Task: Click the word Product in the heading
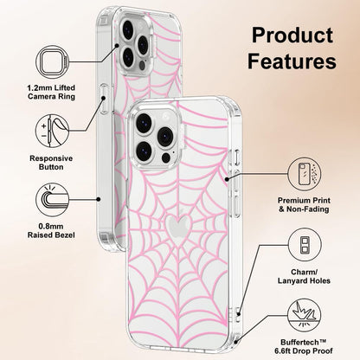[x=292, y=35]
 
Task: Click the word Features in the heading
[x=292, y=61]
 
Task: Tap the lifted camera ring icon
[x=53, y=61]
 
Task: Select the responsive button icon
[x=52, y=131]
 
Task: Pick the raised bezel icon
[x=52, y=200]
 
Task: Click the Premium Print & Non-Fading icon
[x=305, y=174]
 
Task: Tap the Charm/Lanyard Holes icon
[x=305, y=245]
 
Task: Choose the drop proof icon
[x=305, y=315]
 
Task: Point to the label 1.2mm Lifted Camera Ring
[x=51, y=92]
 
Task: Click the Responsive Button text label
[x=51, y=163]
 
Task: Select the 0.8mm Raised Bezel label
[x=51, y=230]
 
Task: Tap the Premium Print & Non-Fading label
[x=304, y=204]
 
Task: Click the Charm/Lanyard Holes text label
[x=304, y=276]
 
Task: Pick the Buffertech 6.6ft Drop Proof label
[x=304, y=346]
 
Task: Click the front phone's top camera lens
[x=144, y=122]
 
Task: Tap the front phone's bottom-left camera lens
[x=144, y=151]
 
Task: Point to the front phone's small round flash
[x=166, y=157]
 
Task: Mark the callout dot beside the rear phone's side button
[x=103, y=98]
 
